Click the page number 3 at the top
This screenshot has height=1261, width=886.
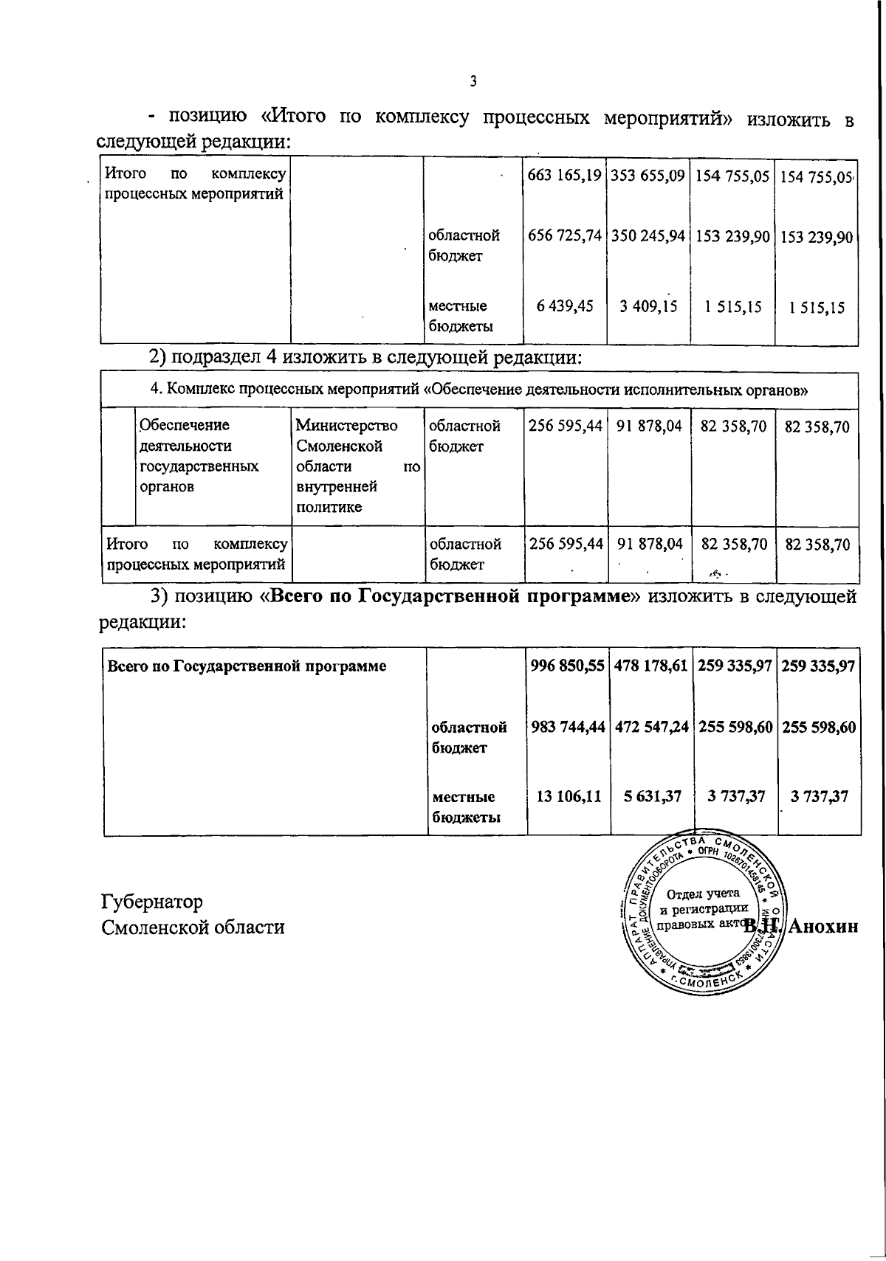(473, 81)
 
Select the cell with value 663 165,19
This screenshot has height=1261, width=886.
(565, 177)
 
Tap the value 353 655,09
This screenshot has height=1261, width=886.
(648, 177)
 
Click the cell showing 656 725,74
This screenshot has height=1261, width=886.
(565, 237)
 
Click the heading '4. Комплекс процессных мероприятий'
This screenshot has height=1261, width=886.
(478, 390)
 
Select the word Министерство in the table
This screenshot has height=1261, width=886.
(346, 426)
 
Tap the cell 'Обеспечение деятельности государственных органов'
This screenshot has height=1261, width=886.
(199, 455)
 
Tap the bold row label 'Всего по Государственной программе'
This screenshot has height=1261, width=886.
(247, 666)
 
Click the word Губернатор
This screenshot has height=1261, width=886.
(152, 902)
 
